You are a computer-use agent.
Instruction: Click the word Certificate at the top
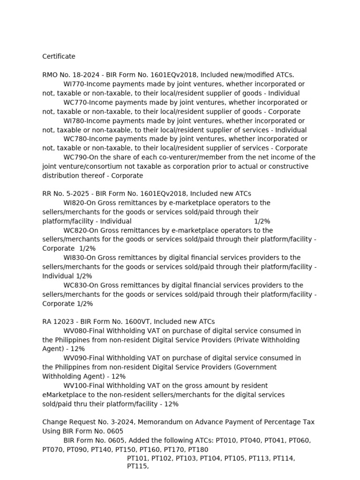pos(59,56)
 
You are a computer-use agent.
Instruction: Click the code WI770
pos(74,84)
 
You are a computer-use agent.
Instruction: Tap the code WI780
pos(74,120)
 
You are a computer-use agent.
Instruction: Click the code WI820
pos(74,202)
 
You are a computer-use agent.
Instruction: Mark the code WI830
pos(74,257)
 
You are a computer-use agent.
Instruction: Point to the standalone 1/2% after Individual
pos(262,221)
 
